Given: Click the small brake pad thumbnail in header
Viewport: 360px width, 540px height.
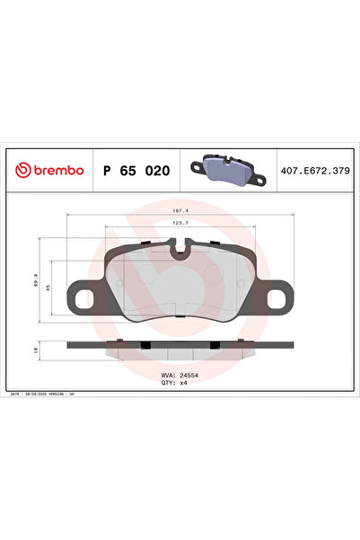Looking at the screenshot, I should [x=226, y=168].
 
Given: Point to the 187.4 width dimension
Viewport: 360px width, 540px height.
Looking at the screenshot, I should [x=180, y=211].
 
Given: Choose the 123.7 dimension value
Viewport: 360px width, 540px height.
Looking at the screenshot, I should [x=180, y=223].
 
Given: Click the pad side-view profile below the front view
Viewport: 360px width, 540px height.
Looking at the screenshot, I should [x=180, y=346].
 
